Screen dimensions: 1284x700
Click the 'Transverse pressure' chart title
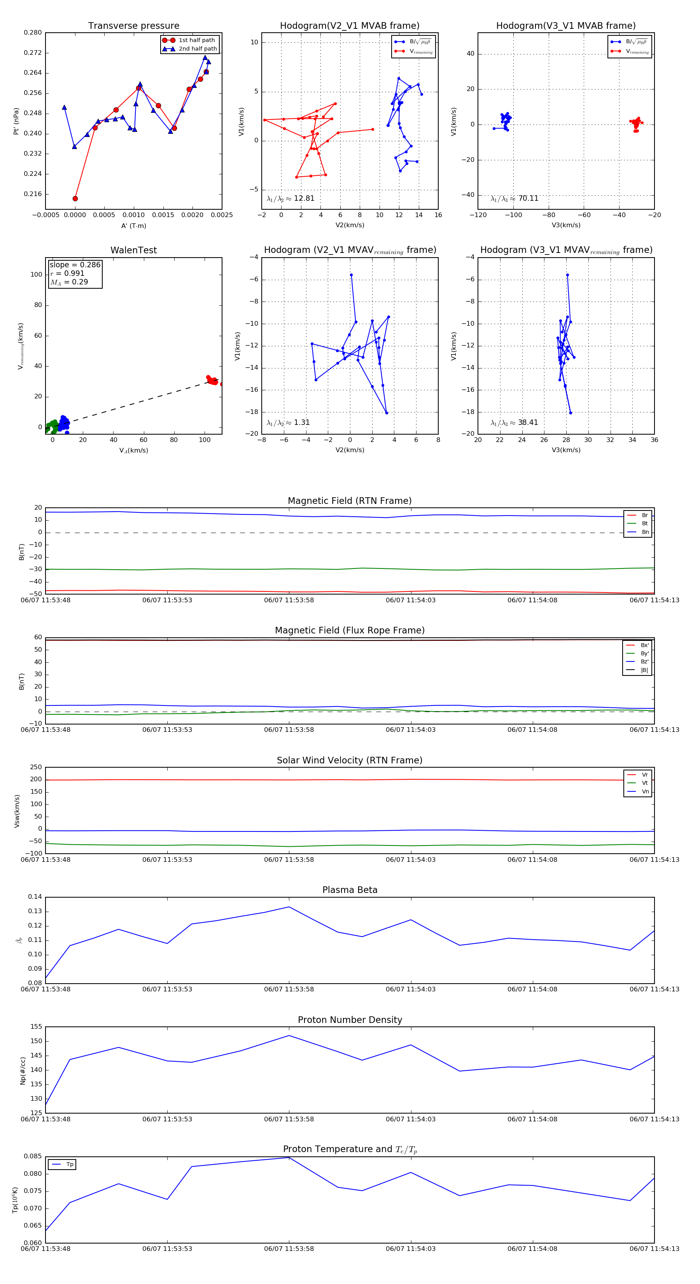point(133,26)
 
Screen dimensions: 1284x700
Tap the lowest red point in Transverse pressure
point(75,198)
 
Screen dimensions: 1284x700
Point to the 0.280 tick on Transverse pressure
point(33,33)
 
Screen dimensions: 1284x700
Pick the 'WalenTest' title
point(133,250)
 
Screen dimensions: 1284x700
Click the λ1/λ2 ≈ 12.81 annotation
point(290,198)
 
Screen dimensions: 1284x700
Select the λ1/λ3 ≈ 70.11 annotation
point(514,198)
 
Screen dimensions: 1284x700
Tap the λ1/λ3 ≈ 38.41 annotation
point(514,423)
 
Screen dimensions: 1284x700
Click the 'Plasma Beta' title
point(350,890)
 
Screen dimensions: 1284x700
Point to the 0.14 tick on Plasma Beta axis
point(35,897)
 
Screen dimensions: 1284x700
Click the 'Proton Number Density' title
point(350,1020)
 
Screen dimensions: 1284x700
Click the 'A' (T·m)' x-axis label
point(133,226)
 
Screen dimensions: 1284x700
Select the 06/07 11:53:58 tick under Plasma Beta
point(289,989)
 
